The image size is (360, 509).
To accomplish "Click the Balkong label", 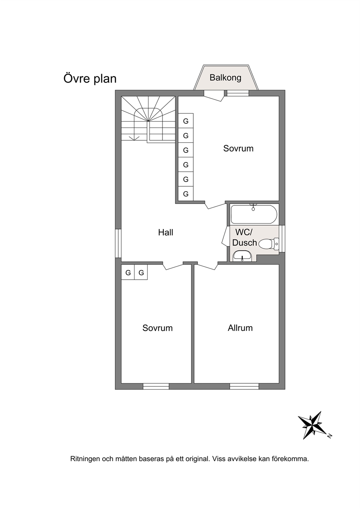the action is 225,78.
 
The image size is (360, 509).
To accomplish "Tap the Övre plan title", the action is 90,79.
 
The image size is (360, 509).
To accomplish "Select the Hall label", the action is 166,232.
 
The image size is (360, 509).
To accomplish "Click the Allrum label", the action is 240,328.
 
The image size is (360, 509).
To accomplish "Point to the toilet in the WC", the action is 269,244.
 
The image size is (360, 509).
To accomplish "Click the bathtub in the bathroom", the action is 254,214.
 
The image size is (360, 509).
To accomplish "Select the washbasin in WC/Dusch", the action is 242,256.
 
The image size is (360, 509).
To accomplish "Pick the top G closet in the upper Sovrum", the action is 186,121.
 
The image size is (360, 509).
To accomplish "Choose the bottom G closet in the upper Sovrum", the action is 186,194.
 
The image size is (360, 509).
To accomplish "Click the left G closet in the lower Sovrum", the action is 128,272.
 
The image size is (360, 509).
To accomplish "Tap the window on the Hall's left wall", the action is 118,243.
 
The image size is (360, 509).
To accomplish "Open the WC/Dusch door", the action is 225,236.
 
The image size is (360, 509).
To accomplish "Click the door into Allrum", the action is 206,266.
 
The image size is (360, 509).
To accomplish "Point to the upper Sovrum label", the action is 238,148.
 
